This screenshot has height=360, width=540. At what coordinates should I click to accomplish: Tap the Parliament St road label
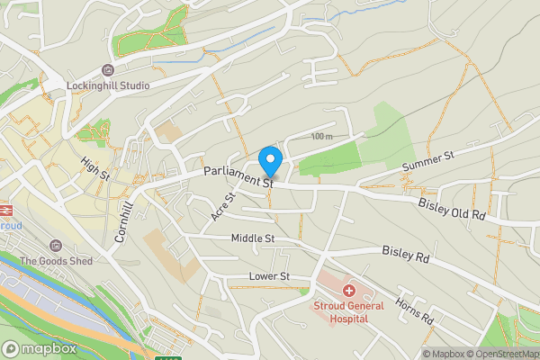click(x=238, y=176)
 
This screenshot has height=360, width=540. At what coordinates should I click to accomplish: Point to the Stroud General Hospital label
click(x=347, y=311)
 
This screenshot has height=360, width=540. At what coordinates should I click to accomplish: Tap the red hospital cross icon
click(x=348, y=291)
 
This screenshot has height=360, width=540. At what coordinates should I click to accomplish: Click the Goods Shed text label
click(x=55, y=261)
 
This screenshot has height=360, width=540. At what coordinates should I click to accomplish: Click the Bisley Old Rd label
click(x=452, y=211)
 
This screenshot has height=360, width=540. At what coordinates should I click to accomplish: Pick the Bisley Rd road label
click(x=407, y=255)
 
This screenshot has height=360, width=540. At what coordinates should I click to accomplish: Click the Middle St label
click(x=252, y=238)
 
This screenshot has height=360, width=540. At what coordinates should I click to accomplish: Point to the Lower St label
click(x=270, y=276)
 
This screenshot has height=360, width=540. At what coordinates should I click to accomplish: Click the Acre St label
click(x=224, y=207)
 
